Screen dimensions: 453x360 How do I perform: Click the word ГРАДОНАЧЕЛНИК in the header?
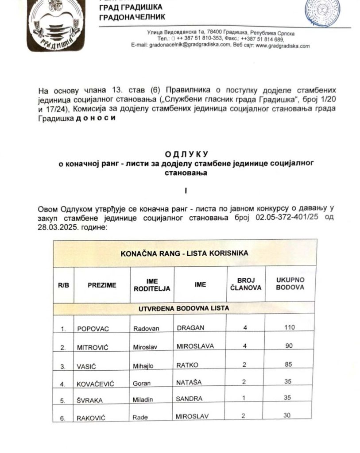[132, 17]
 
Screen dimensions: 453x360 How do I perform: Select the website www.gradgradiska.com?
[283, 46]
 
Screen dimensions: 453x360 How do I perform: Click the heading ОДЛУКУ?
[186, 154]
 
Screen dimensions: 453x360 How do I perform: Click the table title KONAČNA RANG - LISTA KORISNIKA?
[185, 253]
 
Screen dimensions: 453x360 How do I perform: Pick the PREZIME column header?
[102, 285]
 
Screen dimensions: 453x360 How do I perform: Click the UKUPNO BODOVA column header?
[290, 284]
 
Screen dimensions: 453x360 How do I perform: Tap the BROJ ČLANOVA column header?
[245, 284]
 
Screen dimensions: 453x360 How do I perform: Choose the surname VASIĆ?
[87, 366]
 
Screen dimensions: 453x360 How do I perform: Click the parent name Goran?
[142, 384]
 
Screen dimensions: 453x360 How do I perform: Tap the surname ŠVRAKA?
[89, 401]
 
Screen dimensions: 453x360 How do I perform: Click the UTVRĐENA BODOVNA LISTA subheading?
[185, 307]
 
